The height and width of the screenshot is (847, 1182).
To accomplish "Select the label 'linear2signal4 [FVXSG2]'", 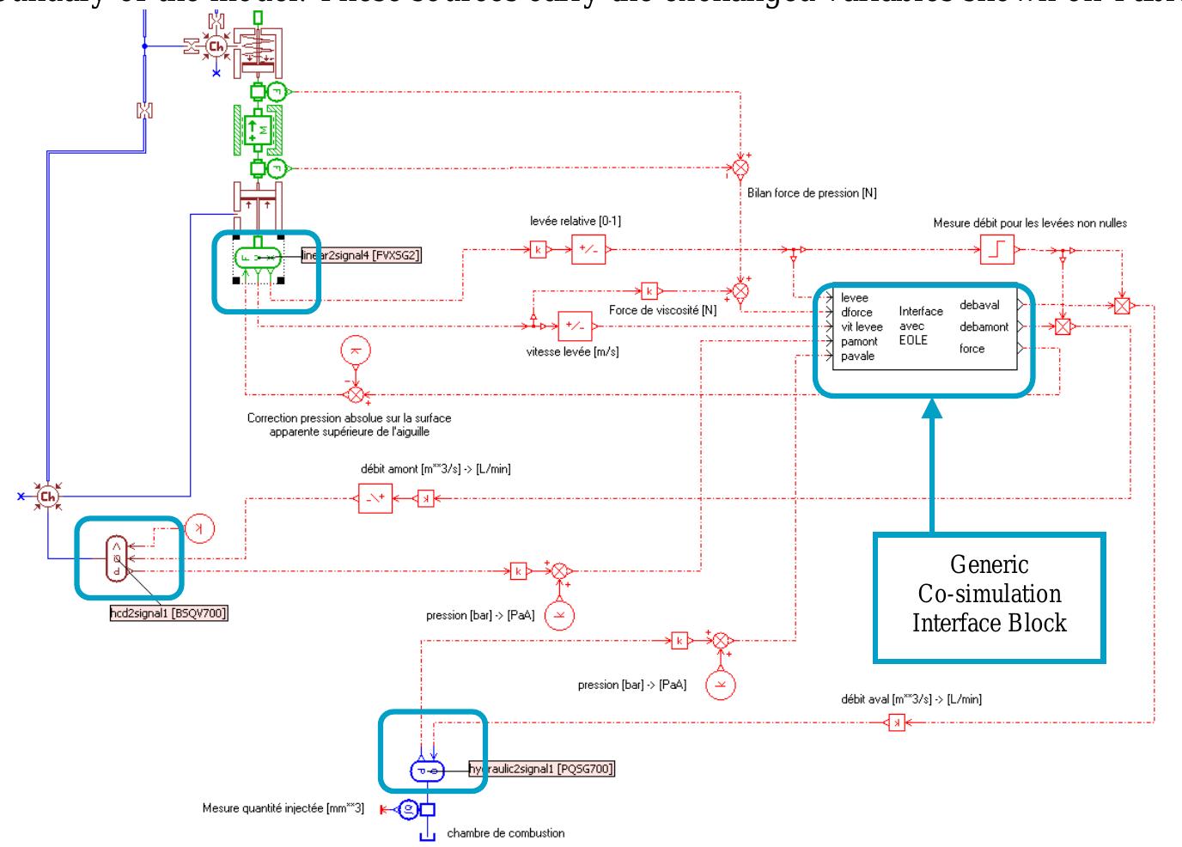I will pos(362,255).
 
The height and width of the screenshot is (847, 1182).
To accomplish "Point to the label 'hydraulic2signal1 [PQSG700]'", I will pos(542,769).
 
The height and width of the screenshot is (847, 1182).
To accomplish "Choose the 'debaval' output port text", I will pos(979,305).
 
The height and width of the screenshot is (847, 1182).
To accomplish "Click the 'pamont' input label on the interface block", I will pos(859,341).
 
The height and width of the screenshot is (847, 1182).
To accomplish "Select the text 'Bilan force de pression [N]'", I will pos(812,193).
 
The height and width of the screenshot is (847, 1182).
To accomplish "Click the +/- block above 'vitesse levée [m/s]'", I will pos(575,326).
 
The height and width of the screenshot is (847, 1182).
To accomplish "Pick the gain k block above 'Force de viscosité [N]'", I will pos(649,290).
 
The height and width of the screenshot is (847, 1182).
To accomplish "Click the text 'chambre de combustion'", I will pos(506,832).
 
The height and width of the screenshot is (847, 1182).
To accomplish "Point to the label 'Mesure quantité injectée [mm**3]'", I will pos(283,808).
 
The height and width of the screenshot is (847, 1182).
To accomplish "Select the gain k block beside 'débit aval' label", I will pos(896,723).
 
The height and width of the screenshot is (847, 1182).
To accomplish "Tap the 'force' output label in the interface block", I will pos(972,349).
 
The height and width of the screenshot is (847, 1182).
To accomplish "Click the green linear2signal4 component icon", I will pos(258,257).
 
